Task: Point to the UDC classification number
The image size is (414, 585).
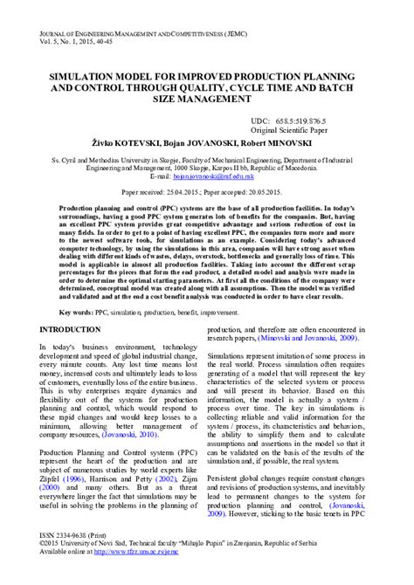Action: tap(303, 120)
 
